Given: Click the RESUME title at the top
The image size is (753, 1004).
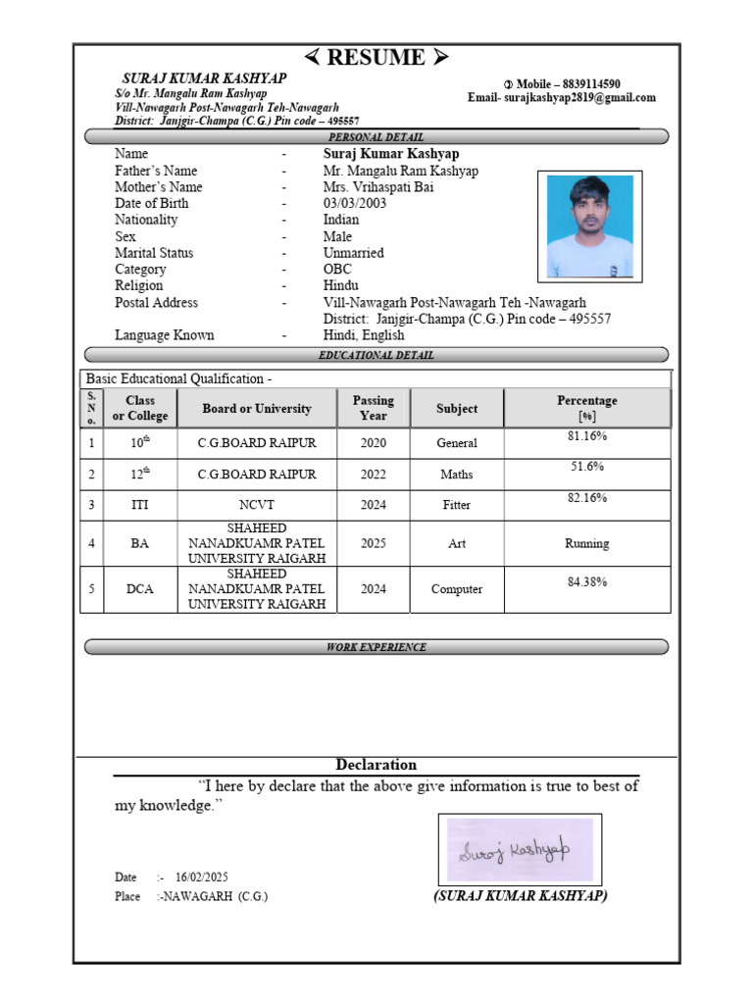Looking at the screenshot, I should click(x=376, y=58).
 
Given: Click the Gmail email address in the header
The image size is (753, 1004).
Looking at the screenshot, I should click(x=579, y=98).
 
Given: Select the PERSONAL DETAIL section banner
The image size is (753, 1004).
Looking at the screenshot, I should click(x=376, y=137).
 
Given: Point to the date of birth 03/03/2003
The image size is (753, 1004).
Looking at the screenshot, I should click(x=355, y=203).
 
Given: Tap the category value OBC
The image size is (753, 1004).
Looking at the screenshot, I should click(x=338, y=269).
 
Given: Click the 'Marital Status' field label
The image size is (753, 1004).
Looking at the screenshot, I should click(x=154, y=252).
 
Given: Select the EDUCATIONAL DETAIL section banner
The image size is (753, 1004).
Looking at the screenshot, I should click(x=376, y=355).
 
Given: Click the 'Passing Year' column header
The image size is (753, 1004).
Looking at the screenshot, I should click(x=373, y=408).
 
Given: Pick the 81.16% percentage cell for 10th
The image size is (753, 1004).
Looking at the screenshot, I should click(x=587, y=435).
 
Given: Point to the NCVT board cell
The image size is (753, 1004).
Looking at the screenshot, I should click(x=257, y=505).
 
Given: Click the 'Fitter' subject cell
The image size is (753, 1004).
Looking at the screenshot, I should click(x=457, y=505).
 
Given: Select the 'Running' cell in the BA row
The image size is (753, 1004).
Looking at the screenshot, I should click(x=587, y=543).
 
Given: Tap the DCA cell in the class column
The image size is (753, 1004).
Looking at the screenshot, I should click(x=140, y=589).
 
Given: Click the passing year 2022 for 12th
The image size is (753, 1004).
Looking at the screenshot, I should click(x=373, y=474).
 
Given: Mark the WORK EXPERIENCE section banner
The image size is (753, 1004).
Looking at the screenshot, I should click(x=376, y=647).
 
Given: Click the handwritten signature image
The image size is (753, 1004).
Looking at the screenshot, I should click(x=519, y=849).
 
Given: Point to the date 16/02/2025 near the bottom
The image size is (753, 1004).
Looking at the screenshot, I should click(x=202, y=877).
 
